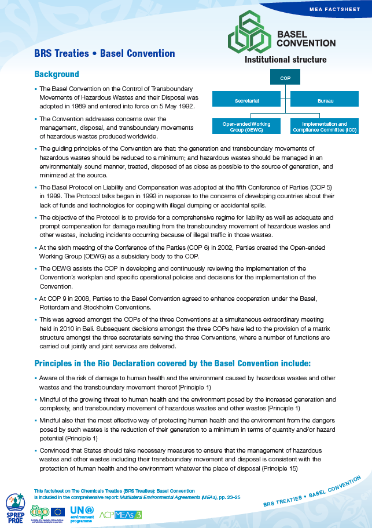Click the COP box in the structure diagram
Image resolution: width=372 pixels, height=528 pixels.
click(285, 77)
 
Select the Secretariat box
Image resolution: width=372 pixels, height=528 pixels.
click(246, 101)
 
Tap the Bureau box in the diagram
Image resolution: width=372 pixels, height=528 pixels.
click(325, 101)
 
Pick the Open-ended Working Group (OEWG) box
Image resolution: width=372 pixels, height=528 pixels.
click(246, 126)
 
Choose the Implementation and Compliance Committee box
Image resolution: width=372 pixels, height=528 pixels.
click(325, 126)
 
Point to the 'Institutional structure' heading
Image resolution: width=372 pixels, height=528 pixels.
click(285, 60)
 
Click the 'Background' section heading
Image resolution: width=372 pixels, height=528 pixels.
click(57, 75)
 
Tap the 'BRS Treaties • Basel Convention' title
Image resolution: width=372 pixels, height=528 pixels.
click(104, 53)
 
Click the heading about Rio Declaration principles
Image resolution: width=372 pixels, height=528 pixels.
click(172, 363)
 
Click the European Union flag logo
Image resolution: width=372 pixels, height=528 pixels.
click(58, 511)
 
